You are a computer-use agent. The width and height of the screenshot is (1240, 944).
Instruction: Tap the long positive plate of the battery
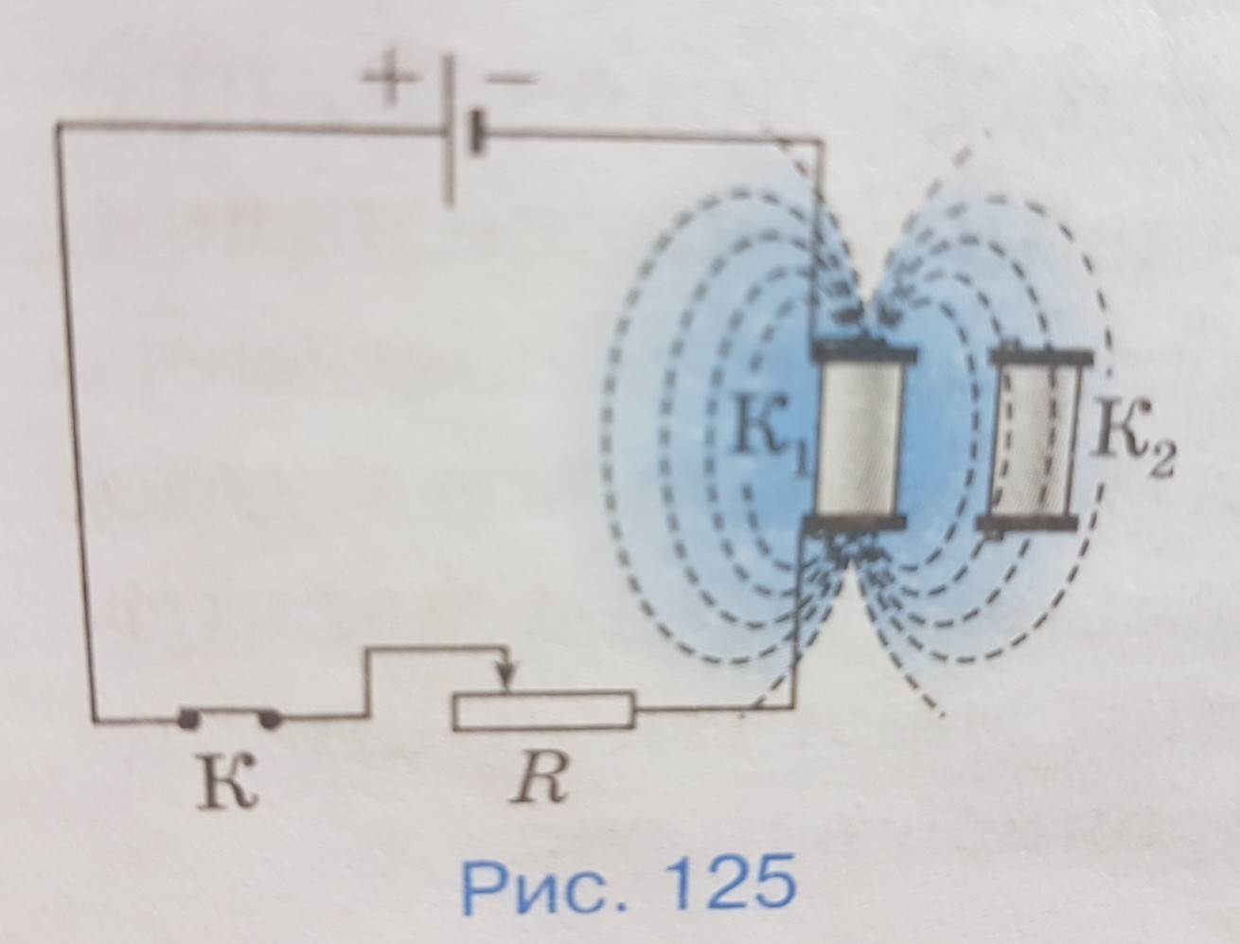point(450,133)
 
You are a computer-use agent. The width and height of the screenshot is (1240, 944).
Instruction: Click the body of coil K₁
point(861,436)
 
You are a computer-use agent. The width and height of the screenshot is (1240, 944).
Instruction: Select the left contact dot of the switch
point(187,720)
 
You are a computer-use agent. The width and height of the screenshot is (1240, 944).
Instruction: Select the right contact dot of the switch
point(271,720)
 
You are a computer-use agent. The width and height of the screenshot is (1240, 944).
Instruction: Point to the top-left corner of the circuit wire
point(59,124)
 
